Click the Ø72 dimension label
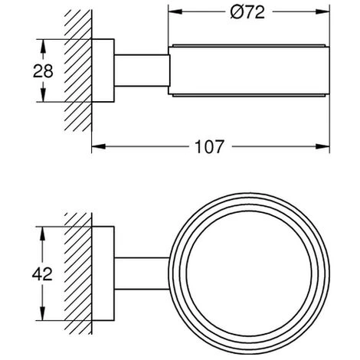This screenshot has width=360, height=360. [247, 12]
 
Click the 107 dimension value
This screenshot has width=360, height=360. [209, 147]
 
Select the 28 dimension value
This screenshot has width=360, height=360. [43, 71]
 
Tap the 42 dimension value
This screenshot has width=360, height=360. [42, 274]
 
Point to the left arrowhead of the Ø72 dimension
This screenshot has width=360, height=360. [175, 11]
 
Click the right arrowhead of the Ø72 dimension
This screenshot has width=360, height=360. [322, 11]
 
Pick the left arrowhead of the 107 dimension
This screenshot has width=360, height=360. [99, 146]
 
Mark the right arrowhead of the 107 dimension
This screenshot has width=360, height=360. [322, 146]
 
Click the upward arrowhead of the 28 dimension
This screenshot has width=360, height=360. [43, 46]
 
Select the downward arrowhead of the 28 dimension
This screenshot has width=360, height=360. [43, 95]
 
